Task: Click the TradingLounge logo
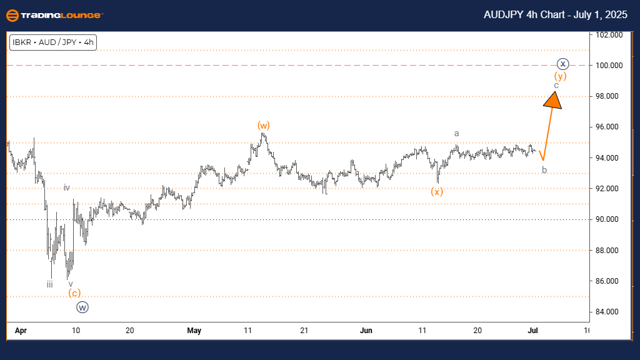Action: [55, 14]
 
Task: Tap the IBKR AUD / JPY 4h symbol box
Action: [53, 42]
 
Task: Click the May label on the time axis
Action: [194, 331]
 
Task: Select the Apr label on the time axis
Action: [19, 331]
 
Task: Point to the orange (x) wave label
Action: [437, 191]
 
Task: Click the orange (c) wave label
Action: [74, 293]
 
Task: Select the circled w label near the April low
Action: [82, 307]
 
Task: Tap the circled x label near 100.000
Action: [563, 64]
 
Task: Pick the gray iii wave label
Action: [49, 284]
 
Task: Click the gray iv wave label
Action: [66, 187]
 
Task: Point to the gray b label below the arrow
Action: [544, 169]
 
